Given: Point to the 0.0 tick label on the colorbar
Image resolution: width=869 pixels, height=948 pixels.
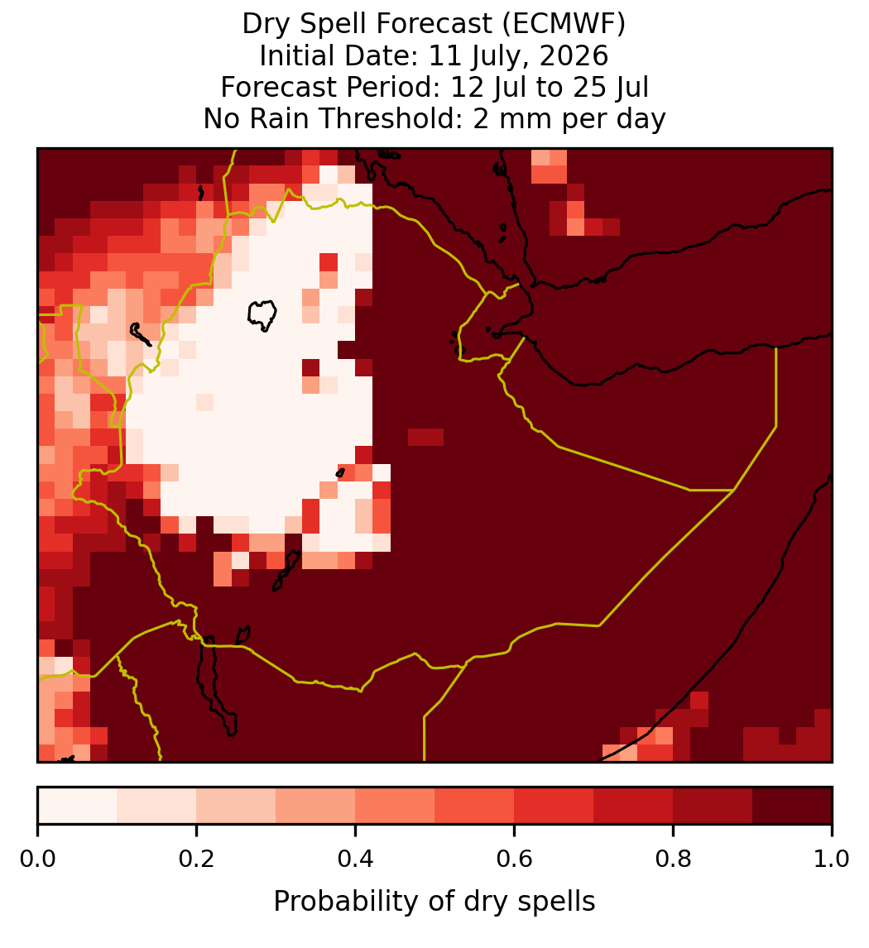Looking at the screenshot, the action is click(x=37, y=859).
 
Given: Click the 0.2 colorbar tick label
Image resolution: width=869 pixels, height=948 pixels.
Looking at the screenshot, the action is click(x=196, y=859).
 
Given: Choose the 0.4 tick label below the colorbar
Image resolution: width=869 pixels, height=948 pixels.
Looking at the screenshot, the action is click(x=356, y=859).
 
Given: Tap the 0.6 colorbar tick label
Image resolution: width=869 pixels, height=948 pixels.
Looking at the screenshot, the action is click(x=515, y=859).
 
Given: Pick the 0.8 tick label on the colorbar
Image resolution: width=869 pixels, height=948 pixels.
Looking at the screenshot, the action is click(x=674, y=859).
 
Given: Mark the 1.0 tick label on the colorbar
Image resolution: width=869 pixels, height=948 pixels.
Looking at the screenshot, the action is click(x=832, y=859).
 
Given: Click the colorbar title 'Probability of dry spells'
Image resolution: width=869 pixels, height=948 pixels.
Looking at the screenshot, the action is click(x=434, y=902).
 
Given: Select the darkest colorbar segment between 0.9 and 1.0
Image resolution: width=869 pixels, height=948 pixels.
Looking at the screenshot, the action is click(x=793, y=806).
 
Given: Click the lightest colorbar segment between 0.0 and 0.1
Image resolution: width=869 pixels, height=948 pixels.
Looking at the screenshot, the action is click(x=78, y=806).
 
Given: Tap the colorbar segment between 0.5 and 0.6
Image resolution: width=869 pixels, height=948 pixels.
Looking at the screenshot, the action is click(x=475, y=806).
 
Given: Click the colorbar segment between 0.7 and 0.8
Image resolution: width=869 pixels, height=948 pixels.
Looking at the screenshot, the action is click(x=634, y=806).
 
